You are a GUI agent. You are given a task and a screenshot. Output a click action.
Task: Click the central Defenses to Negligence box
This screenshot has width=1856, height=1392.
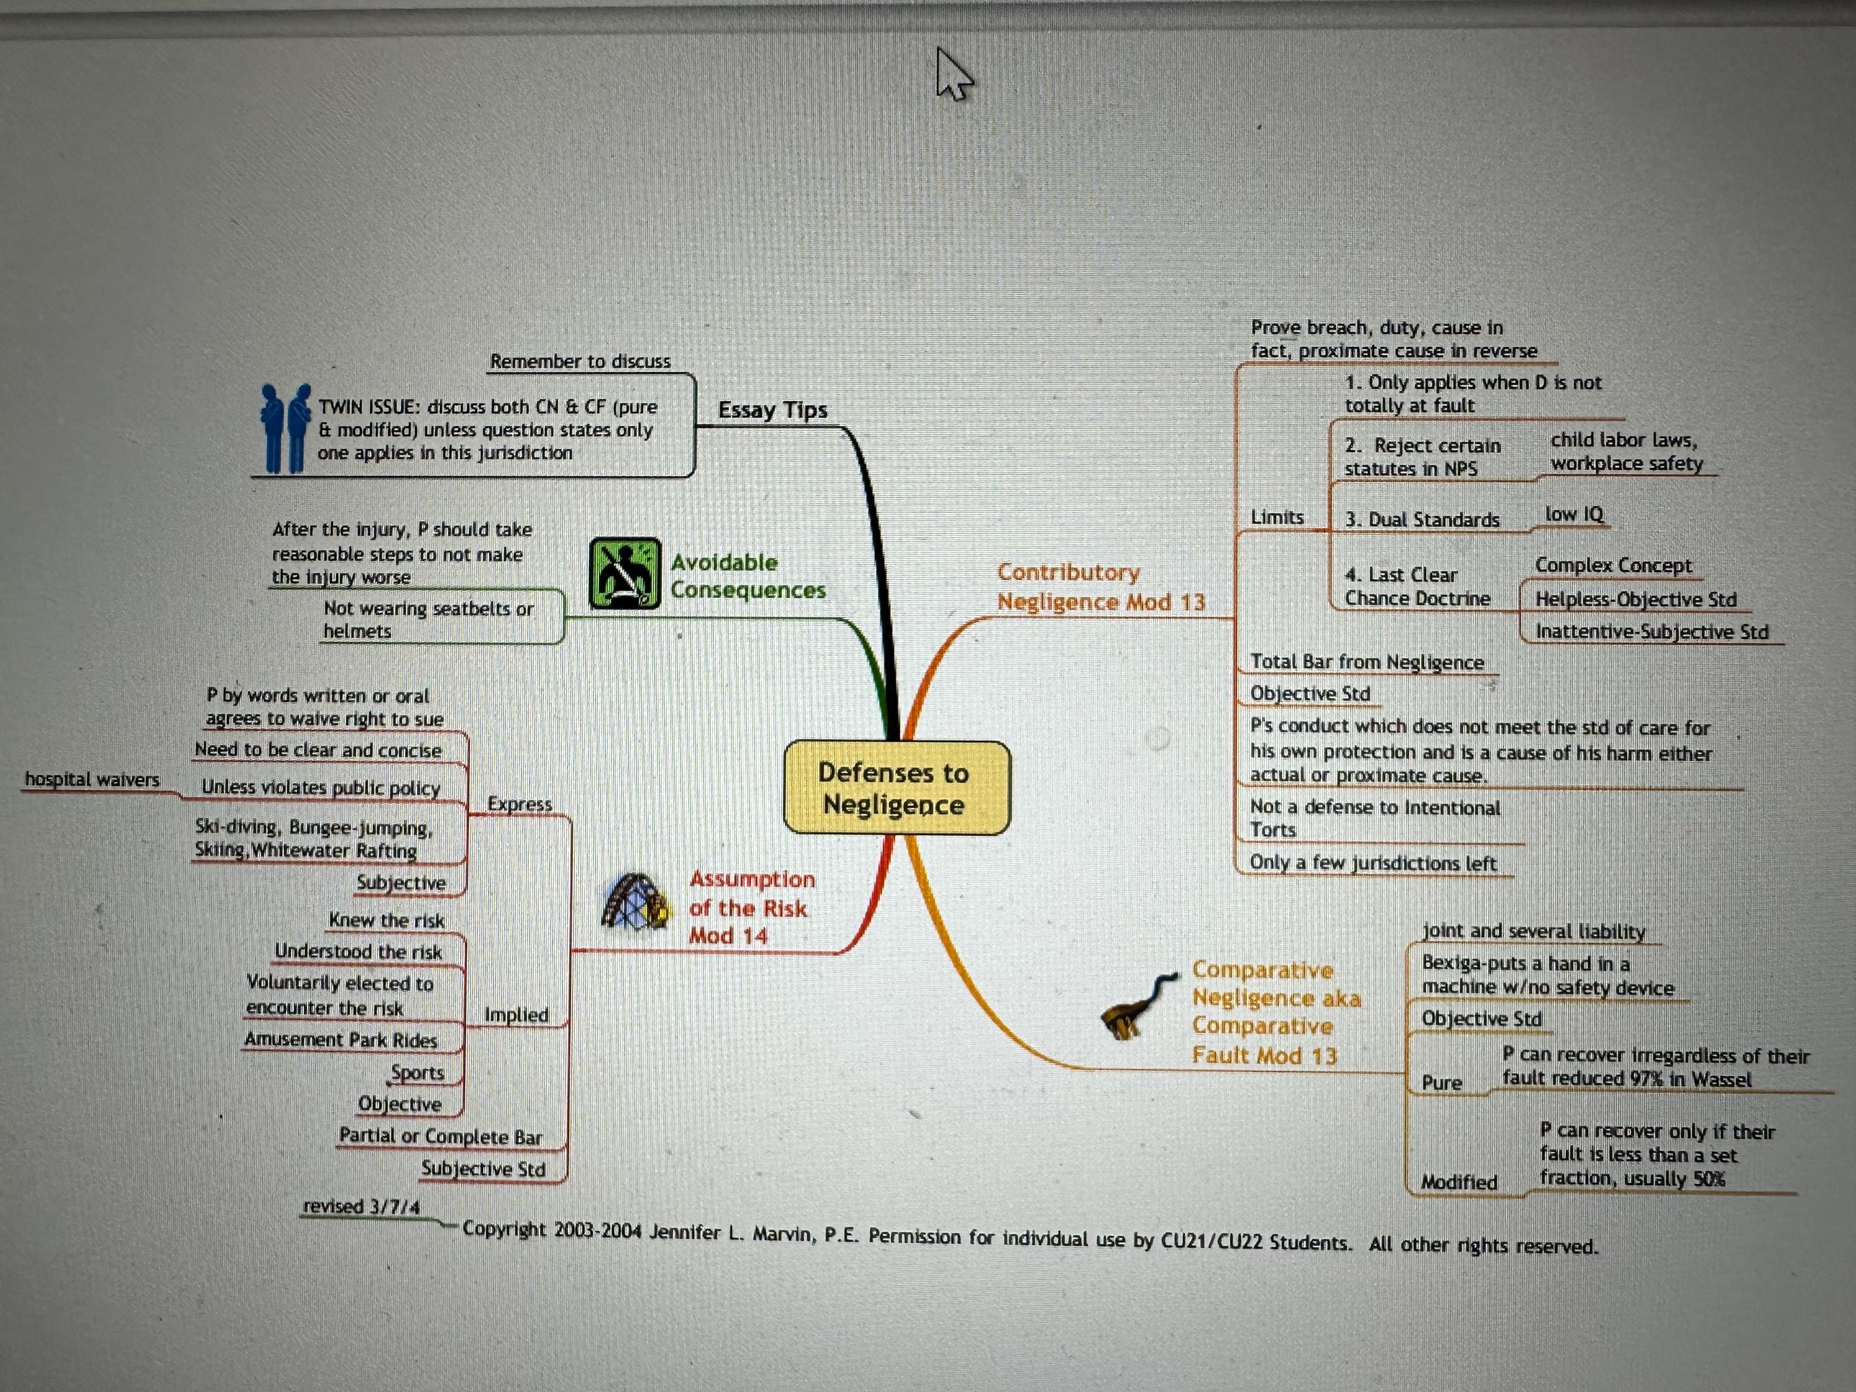point(896,788)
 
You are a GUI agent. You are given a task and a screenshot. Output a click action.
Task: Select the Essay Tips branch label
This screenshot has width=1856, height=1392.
point(773,410)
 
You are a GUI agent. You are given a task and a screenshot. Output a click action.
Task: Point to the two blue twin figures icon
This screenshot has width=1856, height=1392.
point(285,429)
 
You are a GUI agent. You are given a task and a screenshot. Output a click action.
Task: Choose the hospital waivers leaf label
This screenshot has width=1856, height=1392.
point(92,780)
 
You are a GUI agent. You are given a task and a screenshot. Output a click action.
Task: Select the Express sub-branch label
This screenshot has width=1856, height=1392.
point(520,803)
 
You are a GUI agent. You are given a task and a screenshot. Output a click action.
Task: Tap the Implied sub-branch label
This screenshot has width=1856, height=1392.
point(516,1015)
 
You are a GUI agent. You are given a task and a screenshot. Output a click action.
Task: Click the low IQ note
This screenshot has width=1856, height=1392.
point(1574,513)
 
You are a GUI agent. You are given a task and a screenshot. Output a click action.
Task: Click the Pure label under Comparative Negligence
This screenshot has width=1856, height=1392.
point(1441,1083)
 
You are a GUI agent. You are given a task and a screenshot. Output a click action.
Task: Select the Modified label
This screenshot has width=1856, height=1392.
point(1458,1182)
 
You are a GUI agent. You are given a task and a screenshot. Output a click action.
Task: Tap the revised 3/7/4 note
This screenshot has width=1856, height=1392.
point(361,1206)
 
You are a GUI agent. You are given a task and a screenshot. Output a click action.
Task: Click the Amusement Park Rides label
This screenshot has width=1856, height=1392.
point(341,1039)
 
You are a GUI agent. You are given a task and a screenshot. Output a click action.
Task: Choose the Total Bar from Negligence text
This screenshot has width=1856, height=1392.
point(1367,662)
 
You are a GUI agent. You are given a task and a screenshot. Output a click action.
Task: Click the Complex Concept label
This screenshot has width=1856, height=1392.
point(1613,565)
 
